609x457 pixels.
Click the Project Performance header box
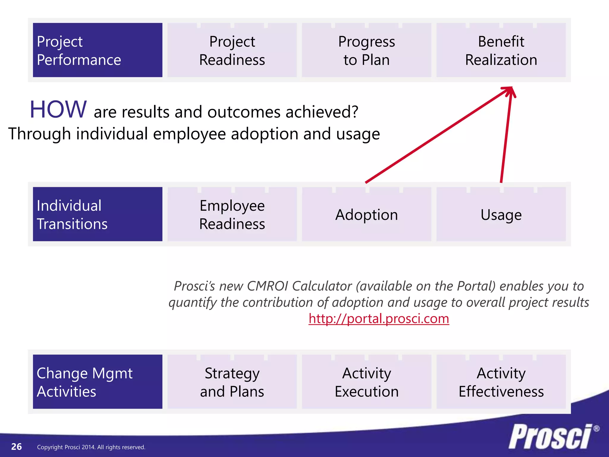pos(98,50)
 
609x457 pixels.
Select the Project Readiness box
pos(232,50)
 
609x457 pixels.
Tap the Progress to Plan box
pos(366,50)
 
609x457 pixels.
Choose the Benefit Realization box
pos(501,50)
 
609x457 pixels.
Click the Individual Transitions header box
pos(98,214)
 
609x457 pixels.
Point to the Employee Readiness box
pos(232,214)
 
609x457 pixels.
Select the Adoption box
pos(366,214)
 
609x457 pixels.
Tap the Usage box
pos(501,214)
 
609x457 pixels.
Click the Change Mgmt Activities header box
pos(98,382)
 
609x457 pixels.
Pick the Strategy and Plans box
pos(232,382)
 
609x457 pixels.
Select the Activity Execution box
pos(366,382)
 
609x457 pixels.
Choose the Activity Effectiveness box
pos(501,382)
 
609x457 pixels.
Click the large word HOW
pos(58,109)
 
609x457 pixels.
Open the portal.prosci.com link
pos(379,319)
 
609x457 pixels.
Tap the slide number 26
pos(16,447)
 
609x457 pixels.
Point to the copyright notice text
pos(91,447)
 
